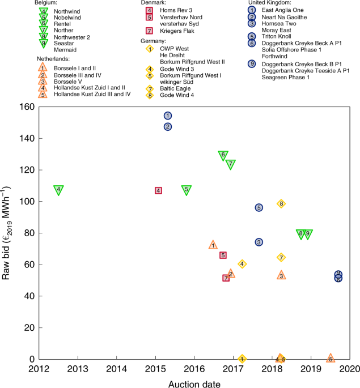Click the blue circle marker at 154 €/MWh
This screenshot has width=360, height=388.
(168, 116)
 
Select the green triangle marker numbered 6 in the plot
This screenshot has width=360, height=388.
(223, 155)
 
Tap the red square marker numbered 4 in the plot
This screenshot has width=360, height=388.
(158, 191)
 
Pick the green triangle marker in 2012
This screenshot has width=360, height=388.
(58, 190)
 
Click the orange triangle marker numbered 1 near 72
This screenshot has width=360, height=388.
(213, 245)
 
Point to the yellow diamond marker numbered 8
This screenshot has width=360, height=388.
(281, 204)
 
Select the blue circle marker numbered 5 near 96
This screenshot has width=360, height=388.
(259, 208)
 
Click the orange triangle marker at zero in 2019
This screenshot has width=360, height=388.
(331, 358)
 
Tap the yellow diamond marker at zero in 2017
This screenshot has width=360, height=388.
(242, 359)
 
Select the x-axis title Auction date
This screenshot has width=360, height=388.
(194, 385)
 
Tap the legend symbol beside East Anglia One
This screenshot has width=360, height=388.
(250, 11)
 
